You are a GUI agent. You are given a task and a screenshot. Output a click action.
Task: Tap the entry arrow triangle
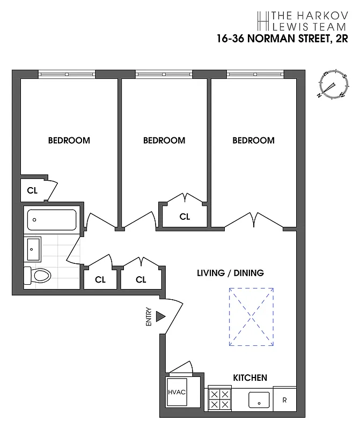click(159, 317)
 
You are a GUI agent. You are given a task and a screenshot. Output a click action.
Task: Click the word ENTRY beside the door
click(149, 317)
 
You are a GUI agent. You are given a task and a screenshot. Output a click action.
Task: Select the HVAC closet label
click(177, 393)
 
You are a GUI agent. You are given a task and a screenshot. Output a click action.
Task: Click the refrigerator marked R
click(284, 400)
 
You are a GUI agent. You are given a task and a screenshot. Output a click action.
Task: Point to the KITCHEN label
click(249, 378)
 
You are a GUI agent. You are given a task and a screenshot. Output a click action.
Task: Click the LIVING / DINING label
click(230, 273)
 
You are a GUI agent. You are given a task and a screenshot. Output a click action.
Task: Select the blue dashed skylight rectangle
click(252, 316)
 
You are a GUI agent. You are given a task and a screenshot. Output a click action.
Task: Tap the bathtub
click(52, 220)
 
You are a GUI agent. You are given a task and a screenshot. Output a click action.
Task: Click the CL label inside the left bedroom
click(32, 190)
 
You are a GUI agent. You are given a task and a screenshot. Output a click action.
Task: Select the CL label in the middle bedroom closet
click(185, 217)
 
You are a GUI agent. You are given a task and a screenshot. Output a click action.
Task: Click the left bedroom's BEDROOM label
click(69, 140)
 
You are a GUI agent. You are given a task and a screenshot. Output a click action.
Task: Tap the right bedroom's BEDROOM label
click(253, 140)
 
